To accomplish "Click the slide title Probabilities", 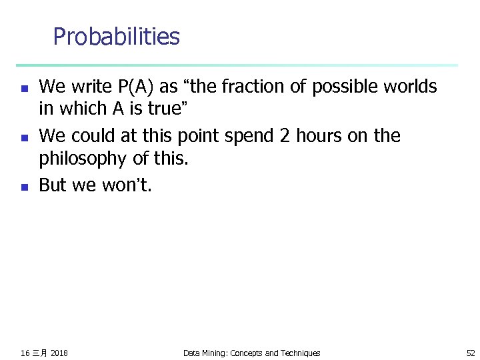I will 116,37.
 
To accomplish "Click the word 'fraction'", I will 255,87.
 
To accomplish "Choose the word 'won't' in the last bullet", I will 127,185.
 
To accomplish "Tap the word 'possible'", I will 337,87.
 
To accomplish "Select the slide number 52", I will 471,353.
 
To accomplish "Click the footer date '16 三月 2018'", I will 44,353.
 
